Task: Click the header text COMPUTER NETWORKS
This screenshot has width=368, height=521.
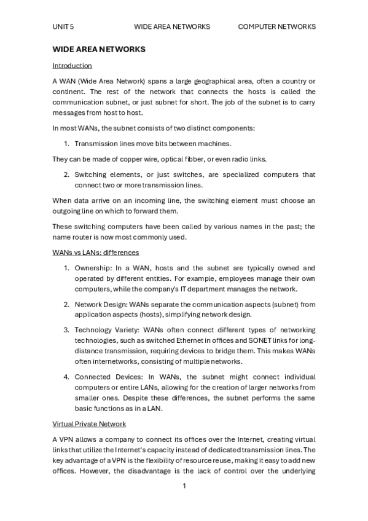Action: (276, 27)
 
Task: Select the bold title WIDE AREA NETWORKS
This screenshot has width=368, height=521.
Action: (99, 49)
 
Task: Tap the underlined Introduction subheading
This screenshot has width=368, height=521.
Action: (72, 65)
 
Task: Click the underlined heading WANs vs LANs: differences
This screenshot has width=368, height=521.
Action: (95, 252)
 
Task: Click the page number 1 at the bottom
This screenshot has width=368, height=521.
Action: (184, 486)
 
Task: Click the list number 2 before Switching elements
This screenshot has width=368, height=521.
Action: (66, 174)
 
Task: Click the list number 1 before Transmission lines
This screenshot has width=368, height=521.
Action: (66, 144)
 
